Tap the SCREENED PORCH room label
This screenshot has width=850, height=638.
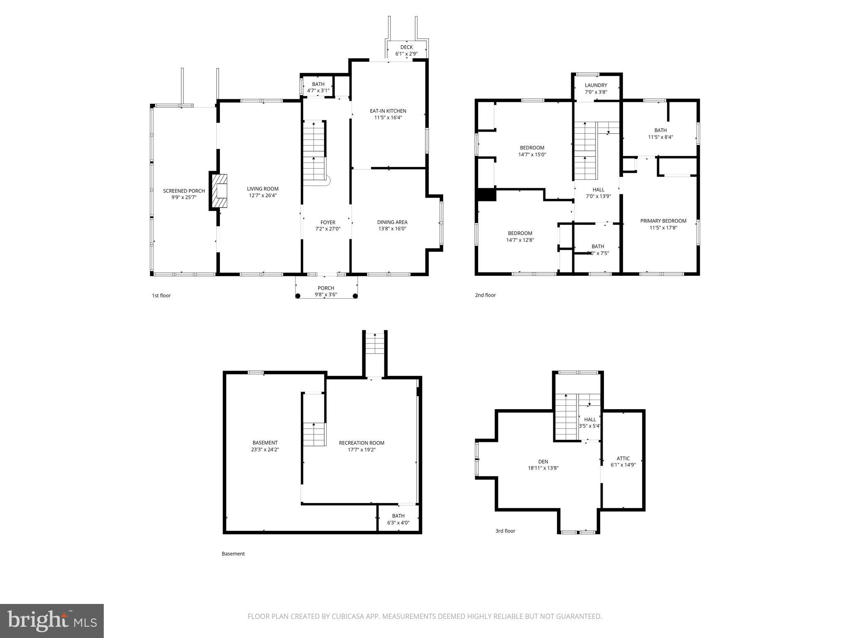pos(184,191)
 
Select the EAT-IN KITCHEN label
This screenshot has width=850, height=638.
pos(388,111)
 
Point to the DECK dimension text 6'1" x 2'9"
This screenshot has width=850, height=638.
pos(406,54)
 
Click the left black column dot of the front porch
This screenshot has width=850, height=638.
pos(298,296)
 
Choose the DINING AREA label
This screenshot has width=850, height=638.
pos(392,222)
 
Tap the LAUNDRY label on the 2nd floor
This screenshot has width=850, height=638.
pos(596,85)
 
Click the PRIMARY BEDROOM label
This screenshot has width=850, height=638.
pos(663,221)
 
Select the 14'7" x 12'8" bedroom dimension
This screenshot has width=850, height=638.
pos(520,240)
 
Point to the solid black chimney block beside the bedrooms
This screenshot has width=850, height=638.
pos(487,195)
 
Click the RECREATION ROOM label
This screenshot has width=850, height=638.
pos(361,443)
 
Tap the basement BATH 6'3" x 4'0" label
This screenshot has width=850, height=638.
pos(398,519)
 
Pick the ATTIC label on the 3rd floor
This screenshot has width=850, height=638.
pos(623,459)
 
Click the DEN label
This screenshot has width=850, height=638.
pos(543,461)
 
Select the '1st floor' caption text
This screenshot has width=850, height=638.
pos(161,296)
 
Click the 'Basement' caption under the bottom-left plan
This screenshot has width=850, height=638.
pos(233,554)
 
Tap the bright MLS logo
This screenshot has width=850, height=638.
pos(51,621)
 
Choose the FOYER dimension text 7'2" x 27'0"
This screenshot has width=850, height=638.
pos(328,228)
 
